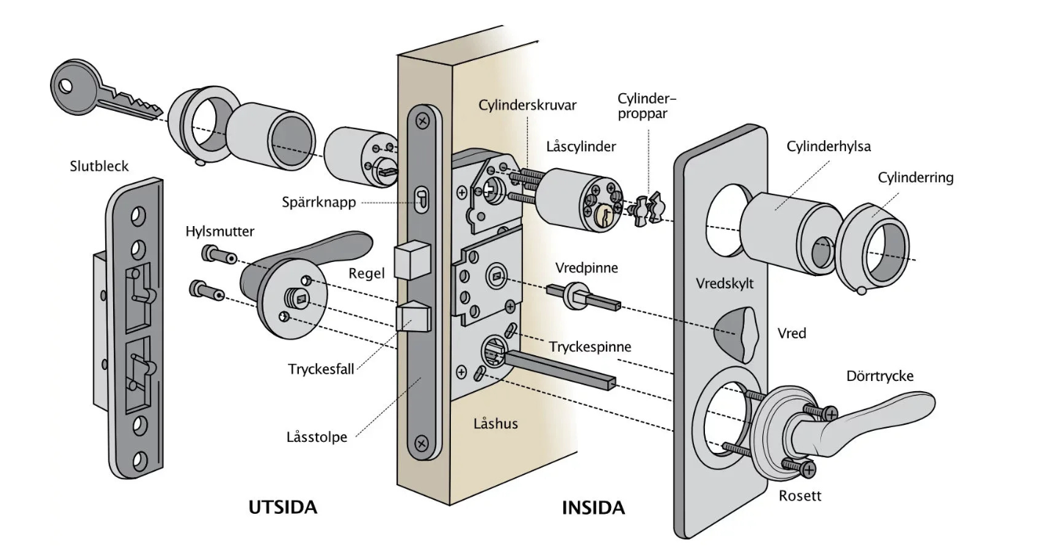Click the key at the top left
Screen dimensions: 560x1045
click(103, 92)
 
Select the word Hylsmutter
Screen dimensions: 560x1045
click(220, 231)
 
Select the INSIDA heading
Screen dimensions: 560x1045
click(593, 507)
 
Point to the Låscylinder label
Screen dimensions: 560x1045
click(581, 147)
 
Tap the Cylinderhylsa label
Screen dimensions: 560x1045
click(829, 147)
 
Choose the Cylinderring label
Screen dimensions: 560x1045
click(916, 178)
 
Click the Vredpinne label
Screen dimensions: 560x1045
click(587, 269)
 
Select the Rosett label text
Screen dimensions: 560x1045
click(800, 496)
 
